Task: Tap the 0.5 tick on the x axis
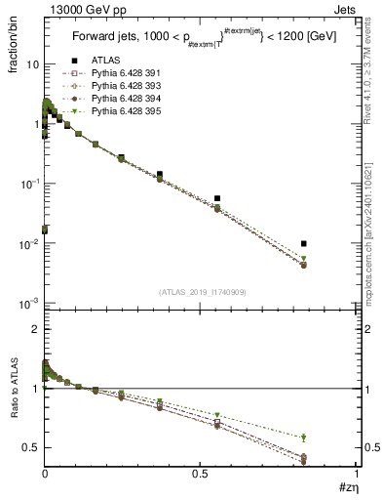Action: click(x=201, y=473)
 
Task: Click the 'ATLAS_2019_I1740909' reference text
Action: click(x=201, y=292)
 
